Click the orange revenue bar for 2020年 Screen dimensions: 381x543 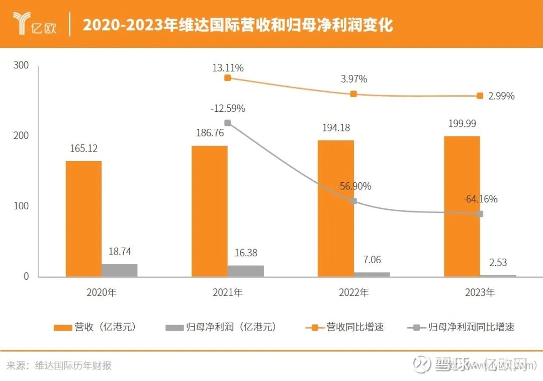point(83,218)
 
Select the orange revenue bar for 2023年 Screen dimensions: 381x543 point(462,206)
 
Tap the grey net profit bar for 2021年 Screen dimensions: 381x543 point(246,271)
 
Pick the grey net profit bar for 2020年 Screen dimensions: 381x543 point(120,270)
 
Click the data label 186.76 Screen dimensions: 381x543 point(209,133)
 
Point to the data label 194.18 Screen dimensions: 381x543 point(335,128)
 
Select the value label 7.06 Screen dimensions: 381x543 point(372,260)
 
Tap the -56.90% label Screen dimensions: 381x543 point(354,186)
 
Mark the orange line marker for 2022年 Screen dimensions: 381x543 point(353,94)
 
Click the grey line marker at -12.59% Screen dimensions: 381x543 point(228,123)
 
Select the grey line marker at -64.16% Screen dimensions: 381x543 point(480,214)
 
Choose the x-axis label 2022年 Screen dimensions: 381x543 point(354,292)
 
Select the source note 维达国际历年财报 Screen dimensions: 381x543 point(73,366)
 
